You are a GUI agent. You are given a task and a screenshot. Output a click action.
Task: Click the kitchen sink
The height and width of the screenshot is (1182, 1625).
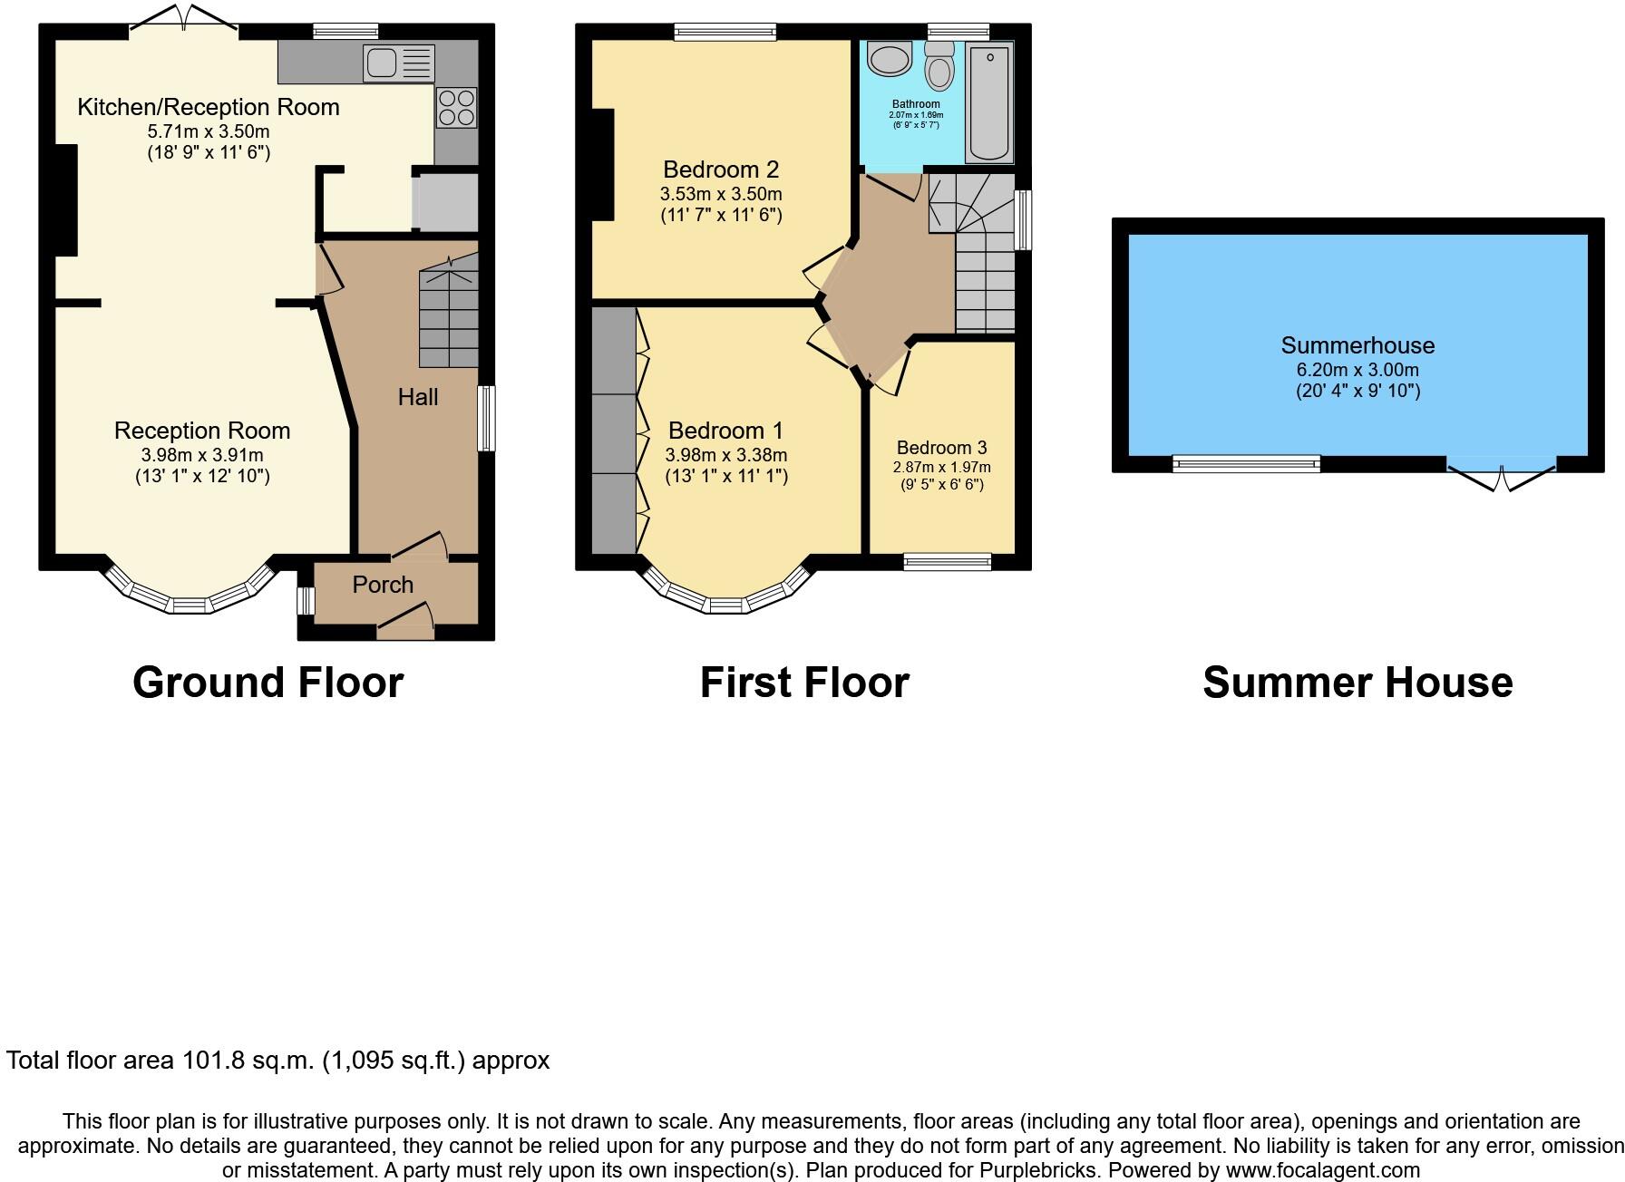[399, 63]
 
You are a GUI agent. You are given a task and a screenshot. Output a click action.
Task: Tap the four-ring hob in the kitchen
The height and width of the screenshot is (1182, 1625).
[456, 108]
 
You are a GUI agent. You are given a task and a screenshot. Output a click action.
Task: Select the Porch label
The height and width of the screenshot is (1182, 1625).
[383, 585]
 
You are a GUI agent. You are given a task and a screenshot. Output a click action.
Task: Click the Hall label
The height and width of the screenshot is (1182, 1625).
[418, 396]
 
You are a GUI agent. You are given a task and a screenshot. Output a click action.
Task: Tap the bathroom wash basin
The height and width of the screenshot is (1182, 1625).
[889, 60]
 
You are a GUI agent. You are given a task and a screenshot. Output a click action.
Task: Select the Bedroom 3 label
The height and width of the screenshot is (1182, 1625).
[941, 448]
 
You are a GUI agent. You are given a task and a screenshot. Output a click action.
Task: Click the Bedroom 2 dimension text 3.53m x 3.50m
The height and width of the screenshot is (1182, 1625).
[721, 194]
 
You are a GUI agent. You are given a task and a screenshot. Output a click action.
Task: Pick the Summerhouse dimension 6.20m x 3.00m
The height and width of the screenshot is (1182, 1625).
[1357, 370]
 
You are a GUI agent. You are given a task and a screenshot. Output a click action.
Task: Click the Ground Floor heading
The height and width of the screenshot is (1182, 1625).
[268, 683]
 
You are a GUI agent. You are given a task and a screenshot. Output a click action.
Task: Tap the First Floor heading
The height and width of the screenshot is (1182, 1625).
[804, 683]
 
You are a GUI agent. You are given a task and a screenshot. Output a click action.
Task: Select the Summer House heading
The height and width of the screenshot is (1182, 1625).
[1357, 683]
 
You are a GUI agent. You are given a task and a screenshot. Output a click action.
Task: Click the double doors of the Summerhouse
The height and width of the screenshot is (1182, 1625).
[1501, 474]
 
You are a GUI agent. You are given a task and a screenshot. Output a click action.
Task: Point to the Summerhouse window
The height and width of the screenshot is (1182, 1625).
[1246, 464]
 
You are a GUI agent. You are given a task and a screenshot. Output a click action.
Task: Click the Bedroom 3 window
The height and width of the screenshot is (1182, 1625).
[948, 562]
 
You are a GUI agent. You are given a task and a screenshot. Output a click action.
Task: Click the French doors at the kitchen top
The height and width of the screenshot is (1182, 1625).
[185, 22]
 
